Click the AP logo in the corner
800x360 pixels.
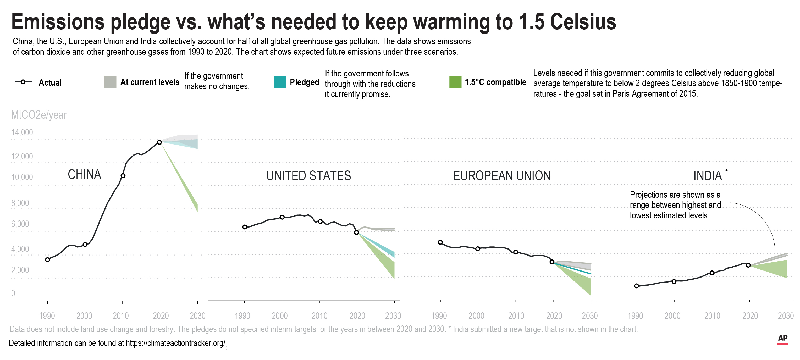(x=783, y=339)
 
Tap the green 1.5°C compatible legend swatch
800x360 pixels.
(x=455, y=82)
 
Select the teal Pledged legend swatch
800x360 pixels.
(x=279, y=82)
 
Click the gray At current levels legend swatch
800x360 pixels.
(x=110, y=82)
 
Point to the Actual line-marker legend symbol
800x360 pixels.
(x=23, y=82)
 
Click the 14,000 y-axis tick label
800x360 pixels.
(x=22, y=132)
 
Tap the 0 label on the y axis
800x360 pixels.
(x=13, y=293)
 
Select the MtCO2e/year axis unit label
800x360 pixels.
(x=39, y=115)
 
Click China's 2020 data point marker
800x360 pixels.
(x=159, y=142)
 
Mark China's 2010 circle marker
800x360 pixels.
(x=123, y=176)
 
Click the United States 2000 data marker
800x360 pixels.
(x=282, y=217)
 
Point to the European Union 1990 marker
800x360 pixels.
(x=440, y=242)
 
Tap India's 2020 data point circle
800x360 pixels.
(x=748, y=265)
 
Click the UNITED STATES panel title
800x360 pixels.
(x=308, y=176)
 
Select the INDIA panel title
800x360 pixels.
(x=708, y=176)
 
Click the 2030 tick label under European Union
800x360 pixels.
(x=589, y=316)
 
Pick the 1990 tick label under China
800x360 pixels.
(x=47, y=316)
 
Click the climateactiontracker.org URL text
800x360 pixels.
(x=175, y=343)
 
